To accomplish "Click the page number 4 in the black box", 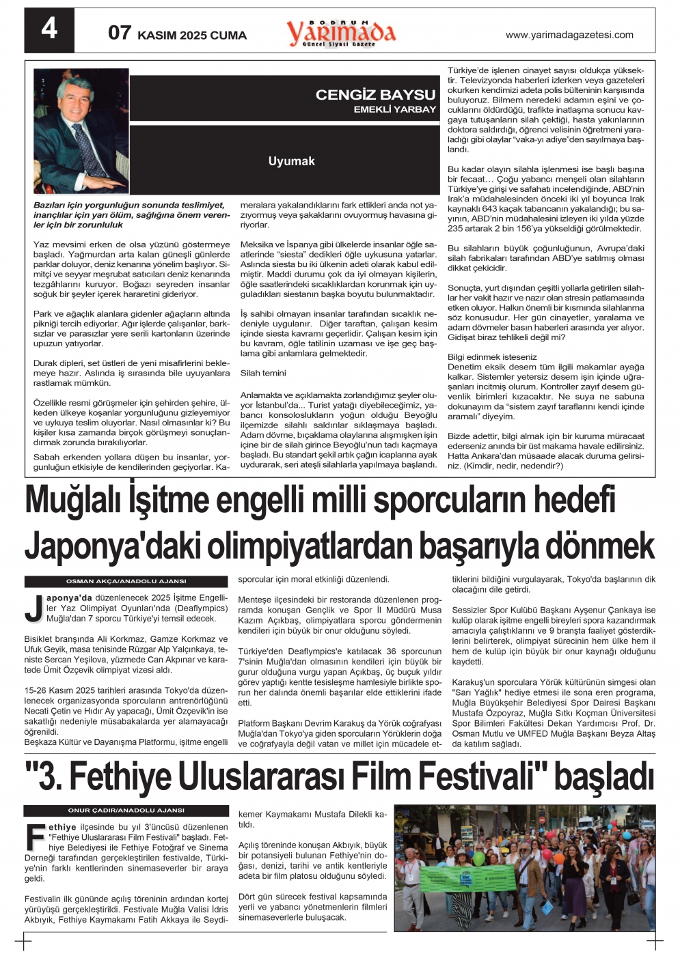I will (49, 29).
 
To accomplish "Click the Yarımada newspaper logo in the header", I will (341, 32).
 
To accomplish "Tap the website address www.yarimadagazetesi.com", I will (569, 35).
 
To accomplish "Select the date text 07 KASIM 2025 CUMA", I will (177, 33).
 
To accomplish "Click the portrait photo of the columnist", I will (81, 130).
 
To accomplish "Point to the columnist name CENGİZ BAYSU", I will (375, 95).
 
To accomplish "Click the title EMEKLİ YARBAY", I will (394, 109).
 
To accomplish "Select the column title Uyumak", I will (291, 161).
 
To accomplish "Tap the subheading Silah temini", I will (263, 373).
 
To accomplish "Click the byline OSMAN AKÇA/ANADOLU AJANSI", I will (126, 581).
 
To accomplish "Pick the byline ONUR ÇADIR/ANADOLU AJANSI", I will (126, 810).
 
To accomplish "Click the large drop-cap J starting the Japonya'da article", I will (33, 609).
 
